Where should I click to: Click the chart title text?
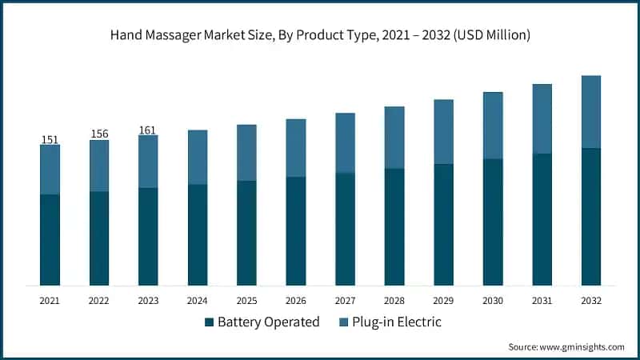coord(320,35)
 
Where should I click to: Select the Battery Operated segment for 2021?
coord(50,239)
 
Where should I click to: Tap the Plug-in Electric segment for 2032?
coord(591,111)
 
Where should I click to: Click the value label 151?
coord(50,140)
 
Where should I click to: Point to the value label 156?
coord(99,134)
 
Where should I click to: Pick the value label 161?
coord(148,130)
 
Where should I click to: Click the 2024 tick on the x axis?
coord(198,299)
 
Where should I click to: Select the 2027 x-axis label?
coord(345,299)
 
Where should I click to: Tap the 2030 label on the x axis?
coord(493,299)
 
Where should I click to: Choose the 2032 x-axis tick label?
coord(591,299)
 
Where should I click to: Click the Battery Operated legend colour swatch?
coord(210,322)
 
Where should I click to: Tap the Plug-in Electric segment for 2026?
coord(296,148)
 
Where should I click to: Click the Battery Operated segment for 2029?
coord(443,224)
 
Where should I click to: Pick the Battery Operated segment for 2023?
coord(148,236)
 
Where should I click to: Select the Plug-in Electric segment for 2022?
coord(99,166)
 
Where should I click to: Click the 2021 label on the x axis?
coord(50,299)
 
